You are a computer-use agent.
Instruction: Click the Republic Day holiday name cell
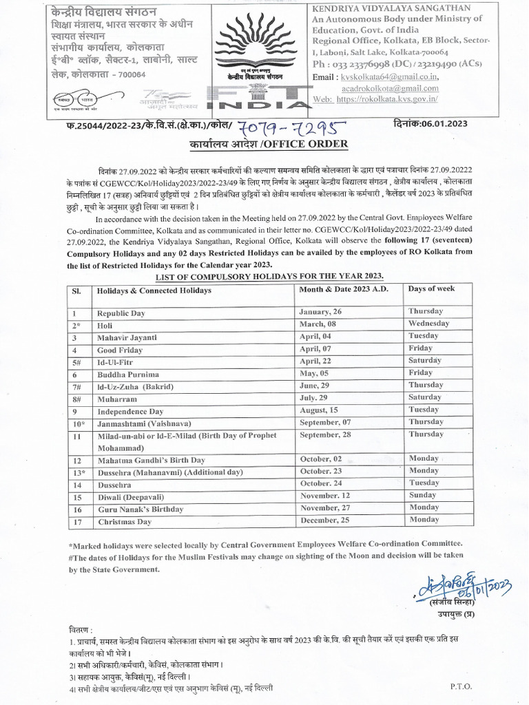tap(121, 313)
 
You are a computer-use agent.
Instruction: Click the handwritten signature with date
tap(466, 586)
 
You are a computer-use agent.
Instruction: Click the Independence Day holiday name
tap(130, 411)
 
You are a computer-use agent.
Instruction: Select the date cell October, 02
tap(322, 459)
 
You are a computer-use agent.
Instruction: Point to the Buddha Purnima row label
tap(128, 375)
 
